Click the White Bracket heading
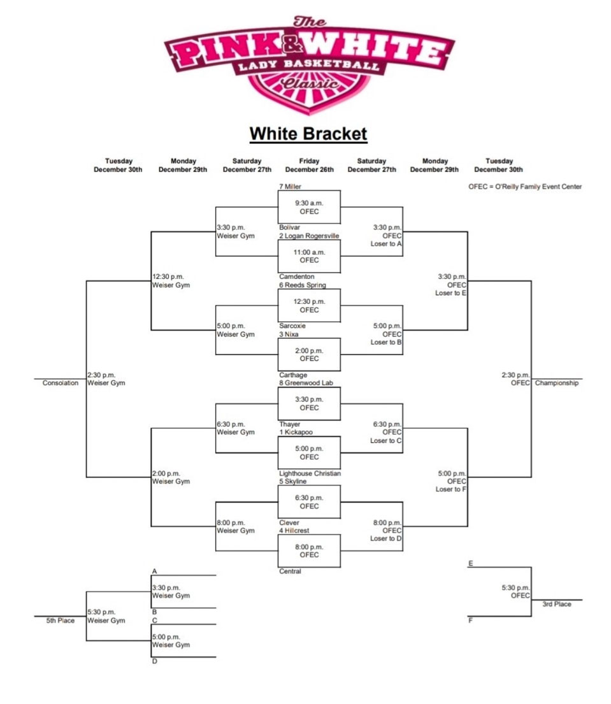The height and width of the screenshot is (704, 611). (308, 134)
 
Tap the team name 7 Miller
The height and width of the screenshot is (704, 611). (290, 187)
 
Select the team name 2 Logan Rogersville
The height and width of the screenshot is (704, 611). (309, 236)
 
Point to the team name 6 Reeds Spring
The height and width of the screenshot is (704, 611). (302, 285)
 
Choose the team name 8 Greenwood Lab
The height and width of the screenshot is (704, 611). (306, 384)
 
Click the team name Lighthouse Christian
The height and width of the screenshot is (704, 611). (310, 473)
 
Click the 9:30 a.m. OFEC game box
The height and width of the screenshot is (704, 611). (309, 207)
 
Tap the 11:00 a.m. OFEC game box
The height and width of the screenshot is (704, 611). (309, 256)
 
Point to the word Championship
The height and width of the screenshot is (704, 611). (557, 384)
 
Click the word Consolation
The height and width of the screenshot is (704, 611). (61, 383)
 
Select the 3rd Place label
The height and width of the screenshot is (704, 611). (556, 604)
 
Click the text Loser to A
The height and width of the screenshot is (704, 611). (386, 244)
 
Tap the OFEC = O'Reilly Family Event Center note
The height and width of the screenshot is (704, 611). (525, 187)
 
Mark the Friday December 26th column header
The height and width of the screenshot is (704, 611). (309, 166)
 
